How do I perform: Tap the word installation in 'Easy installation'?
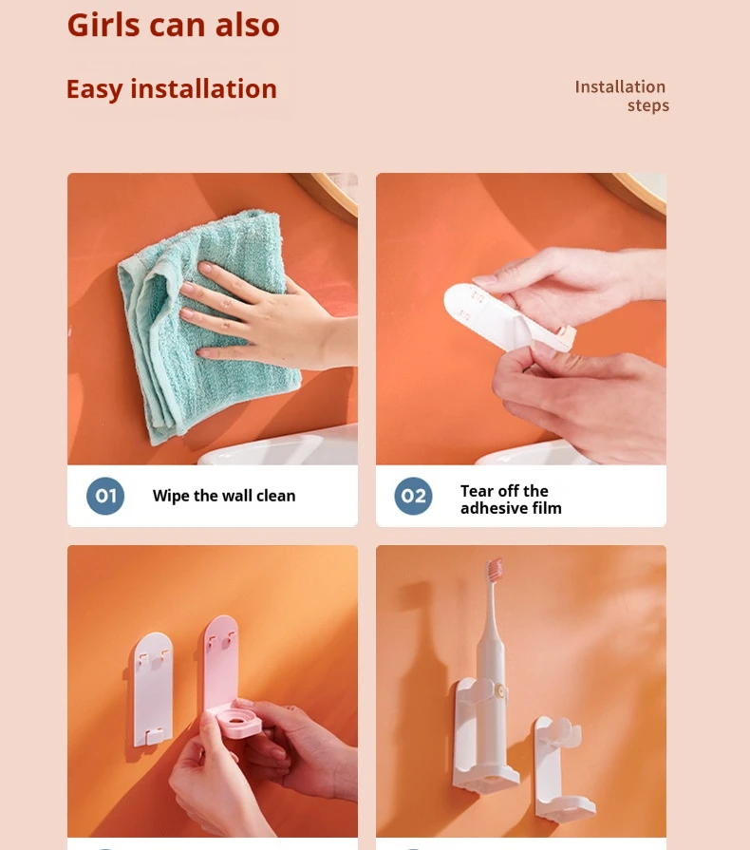pyautogui.click(x=204, y=89)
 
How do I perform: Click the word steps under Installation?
pyautogui.click(x=648, y=105)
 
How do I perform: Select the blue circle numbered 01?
pyautogui.click(x=105, y=496)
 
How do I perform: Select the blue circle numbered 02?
pyautogui.click(x=413, y=496)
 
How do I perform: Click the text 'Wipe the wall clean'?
pyautogui.click(x=224, y=496)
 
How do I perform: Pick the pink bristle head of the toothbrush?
pyautogui.click(x=494, y=570)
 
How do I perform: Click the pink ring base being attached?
pyautogui.click(x=241, y=721)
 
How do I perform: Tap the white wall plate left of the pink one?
pyautogui.click(x=153, y=689)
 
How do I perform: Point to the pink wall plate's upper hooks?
pyautogui.click(x=221, y=640)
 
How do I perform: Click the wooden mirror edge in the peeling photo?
pyautogui.click(x=640, y=193)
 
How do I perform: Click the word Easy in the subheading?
pyautogui.click(x=94, y=90)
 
